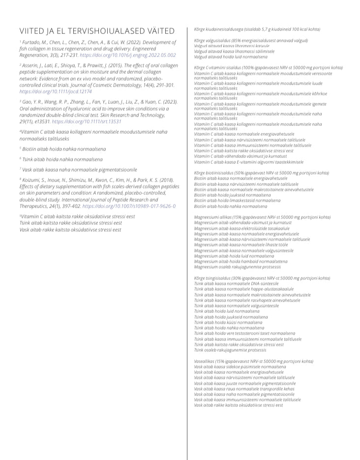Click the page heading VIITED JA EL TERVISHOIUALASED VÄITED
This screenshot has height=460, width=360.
[x=97, y=31]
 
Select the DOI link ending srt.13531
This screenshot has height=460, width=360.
[x=87, y=121]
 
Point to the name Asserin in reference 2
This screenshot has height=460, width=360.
[x=32, y=65]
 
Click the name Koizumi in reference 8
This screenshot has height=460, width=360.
[x=33, y=180]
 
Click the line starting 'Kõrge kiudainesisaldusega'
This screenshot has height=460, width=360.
[x=254, y=30]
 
